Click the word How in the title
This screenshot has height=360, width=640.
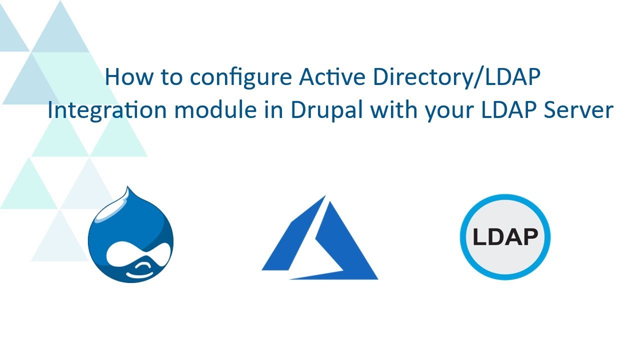coord(129,77)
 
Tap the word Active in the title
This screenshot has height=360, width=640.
coord(332,76)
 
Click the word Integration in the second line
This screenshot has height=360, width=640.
coord(107,110)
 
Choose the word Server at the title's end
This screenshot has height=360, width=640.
coord(578,109)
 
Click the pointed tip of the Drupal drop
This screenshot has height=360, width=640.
coord(127,187)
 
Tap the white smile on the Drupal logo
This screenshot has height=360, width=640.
coord(139,272)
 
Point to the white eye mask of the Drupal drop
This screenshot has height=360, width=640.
coord(139,253)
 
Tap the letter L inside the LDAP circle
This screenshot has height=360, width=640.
coord(479,237)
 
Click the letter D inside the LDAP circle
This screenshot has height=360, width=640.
coord(496,237)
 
